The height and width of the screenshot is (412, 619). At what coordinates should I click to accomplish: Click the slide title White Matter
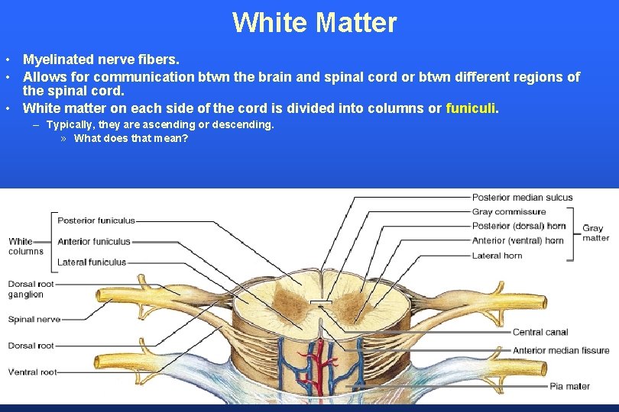[314, 22]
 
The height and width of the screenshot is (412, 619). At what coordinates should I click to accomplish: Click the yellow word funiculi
[471, 108]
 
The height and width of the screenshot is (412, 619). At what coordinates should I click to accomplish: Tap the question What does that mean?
[131, 139]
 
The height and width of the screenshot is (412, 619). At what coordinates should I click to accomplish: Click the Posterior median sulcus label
[522, 198]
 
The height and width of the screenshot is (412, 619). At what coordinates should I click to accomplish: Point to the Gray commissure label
[509, 212]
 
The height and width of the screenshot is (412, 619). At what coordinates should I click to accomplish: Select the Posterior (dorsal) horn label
[519, 226]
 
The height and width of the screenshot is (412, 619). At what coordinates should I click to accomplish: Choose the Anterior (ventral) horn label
[517, 240]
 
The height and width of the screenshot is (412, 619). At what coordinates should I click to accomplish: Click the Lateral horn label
[497, 256]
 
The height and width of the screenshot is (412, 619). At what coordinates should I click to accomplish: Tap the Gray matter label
[596, 233]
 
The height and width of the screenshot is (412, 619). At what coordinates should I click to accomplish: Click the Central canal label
[540, 332]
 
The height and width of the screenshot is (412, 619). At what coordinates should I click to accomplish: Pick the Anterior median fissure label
[560, 351]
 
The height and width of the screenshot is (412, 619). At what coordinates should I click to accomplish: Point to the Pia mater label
[569, 386]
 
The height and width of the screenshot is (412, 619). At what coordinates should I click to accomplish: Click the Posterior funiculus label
[96, 220]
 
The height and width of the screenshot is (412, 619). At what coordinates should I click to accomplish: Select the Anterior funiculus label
[94, 241]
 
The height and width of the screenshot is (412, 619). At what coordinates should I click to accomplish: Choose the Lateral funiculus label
[92, 262]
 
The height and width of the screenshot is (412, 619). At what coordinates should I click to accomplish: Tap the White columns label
[25, 246]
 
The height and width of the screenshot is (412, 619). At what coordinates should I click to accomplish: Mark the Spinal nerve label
[34, 319]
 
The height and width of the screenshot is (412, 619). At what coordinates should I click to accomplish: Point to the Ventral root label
[32, 372]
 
